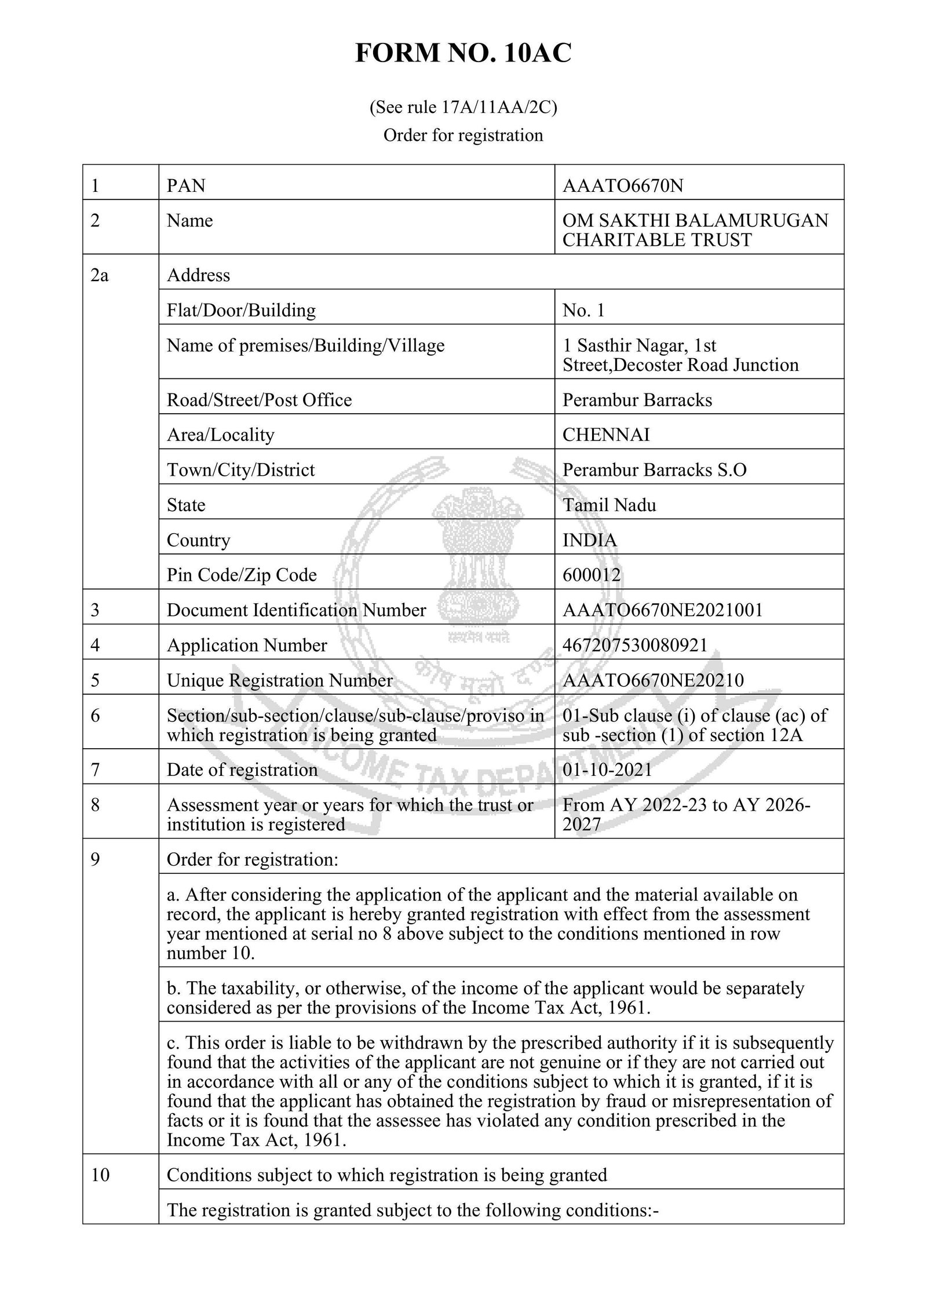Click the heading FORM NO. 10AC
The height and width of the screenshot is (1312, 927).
tap(463, 53)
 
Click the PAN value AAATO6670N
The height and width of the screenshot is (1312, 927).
tap(623, 185)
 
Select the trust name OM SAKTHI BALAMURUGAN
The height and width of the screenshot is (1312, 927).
tap(695, 220)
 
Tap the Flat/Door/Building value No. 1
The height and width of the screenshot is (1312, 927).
tap(583, 311)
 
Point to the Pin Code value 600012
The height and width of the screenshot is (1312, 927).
tap(592, 575)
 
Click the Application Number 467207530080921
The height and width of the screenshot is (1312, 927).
tap(635, 645)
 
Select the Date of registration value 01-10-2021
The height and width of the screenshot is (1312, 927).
tap(607, 770)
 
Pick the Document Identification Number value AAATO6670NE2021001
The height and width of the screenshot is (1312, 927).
tap(663, 610)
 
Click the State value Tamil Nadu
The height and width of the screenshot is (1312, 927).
tap(610, 505)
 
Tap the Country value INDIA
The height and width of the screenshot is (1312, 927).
tap(590, 540)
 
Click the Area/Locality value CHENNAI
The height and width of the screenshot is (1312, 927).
tap(606, 435)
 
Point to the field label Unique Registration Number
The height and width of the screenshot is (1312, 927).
tap(280, 680)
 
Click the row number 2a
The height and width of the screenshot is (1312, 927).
tap(100, 275)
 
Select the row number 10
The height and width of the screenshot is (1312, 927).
tap(100, 1175)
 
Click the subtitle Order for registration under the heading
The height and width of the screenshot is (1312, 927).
tap(463, 136)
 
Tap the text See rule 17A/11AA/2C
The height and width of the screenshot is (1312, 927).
tap(463, 108)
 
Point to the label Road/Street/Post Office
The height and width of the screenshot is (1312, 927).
tap(259, 400)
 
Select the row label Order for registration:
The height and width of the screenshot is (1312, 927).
tap(253, 859)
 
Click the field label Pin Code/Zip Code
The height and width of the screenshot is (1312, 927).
tap(242, 575)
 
